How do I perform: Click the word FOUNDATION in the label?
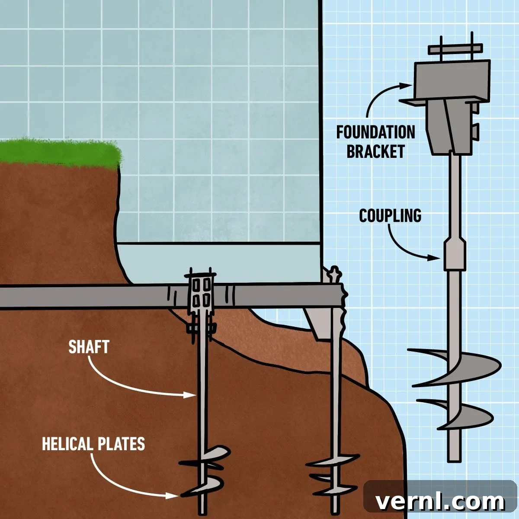(376, 132)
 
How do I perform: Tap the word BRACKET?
(376, 151)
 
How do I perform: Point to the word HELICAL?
(67, 444)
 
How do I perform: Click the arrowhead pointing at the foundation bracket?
(405, 86)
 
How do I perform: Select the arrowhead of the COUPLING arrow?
(434, 258)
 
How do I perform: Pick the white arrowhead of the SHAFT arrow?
(189, 395)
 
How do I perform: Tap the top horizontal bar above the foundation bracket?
(455, 49)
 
